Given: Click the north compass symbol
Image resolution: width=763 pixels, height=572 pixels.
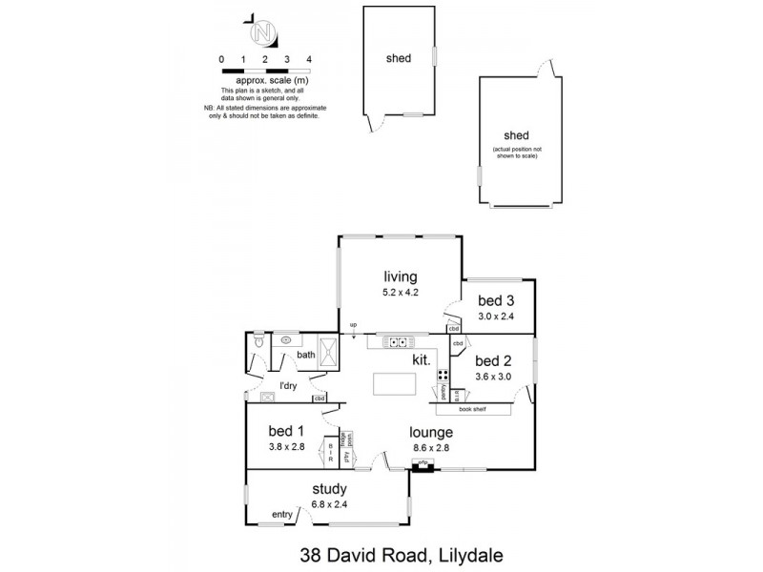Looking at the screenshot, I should [x=262, y=32].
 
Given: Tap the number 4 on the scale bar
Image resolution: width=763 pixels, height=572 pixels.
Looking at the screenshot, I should [x=309, y=59].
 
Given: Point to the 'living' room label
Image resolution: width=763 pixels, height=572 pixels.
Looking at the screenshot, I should [x=402, y=276].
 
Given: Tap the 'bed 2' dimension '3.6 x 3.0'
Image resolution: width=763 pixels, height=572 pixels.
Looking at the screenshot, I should [x=493, y=376].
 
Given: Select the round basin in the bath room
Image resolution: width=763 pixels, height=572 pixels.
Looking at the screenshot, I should [x=286, y=339].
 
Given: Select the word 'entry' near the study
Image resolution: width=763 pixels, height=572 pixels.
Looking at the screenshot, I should [x=282, y=515].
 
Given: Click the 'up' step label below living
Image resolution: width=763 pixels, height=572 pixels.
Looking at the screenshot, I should [x=353, y=326].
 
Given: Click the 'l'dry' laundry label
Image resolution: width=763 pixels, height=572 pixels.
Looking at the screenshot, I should [x=287, y=385].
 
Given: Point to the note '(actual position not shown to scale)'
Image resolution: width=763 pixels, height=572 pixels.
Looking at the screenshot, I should [x=515, y=153].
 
